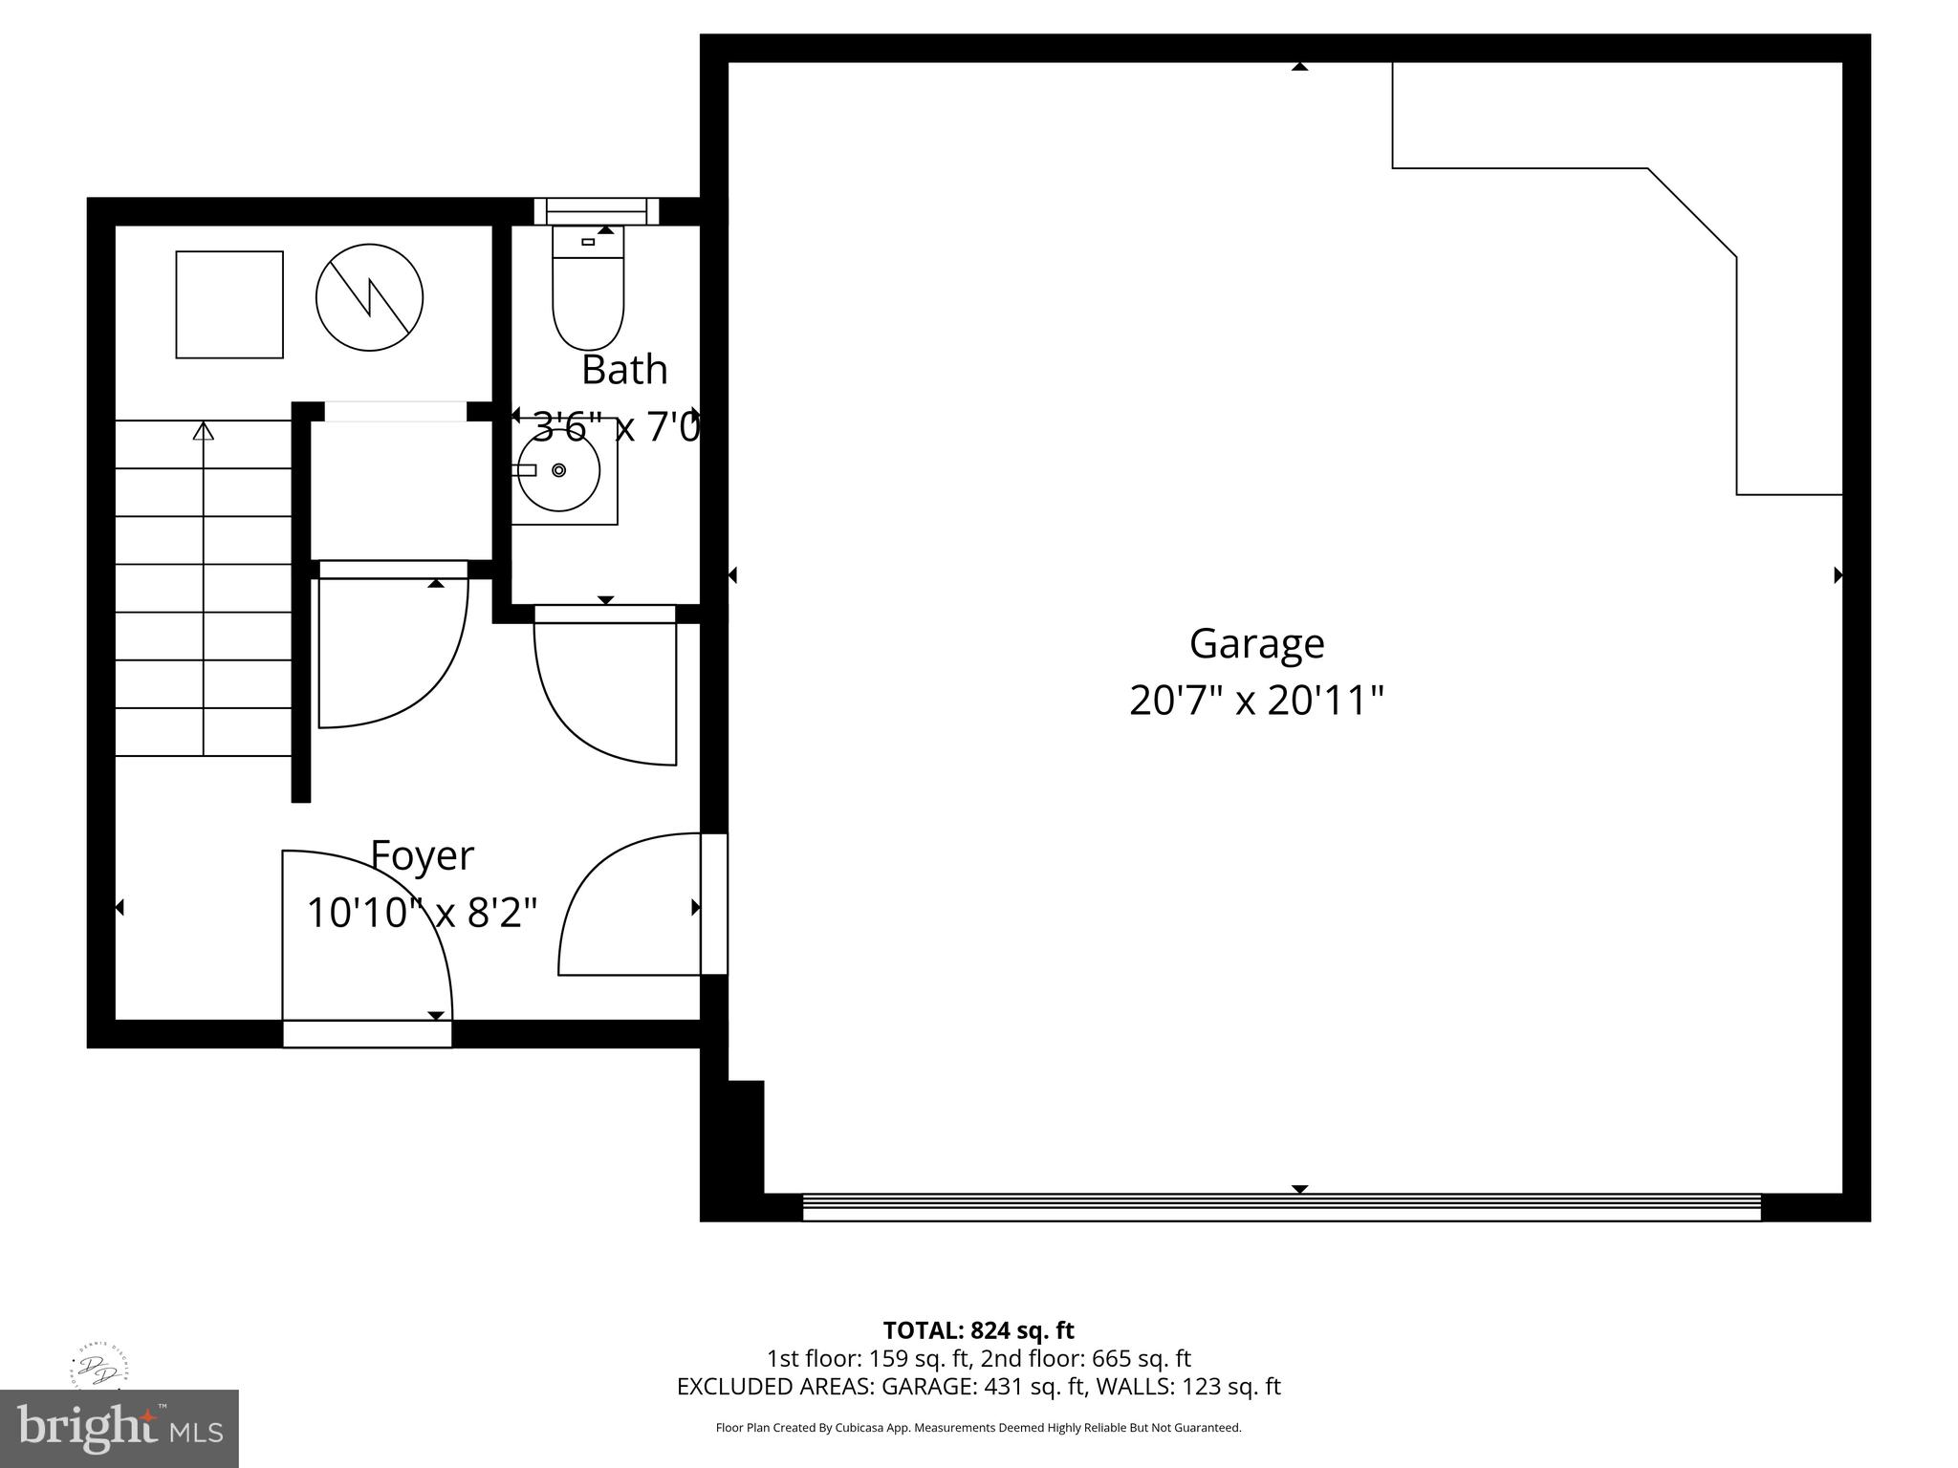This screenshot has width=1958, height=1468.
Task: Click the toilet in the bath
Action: coord(588,291)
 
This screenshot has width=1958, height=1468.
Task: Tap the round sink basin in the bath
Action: coord(559,470)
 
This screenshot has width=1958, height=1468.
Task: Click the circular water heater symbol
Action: coord(369,296)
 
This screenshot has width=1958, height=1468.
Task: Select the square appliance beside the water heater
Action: coord(229,305)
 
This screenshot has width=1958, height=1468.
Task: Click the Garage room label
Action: coord(1256,644)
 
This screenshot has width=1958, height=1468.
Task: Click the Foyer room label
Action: coord(422,856)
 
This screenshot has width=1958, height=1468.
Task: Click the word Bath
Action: coord(624,371)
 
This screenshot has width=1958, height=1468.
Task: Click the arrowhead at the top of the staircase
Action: coord(203,432)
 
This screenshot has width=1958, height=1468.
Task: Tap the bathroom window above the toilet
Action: coord(597,211)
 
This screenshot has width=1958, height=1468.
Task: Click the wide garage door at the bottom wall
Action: coord(1281,1207)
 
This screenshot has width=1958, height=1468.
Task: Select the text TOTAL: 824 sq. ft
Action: coord(978,1330)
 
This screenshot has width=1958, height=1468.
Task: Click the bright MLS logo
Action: coord(119,1428)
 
